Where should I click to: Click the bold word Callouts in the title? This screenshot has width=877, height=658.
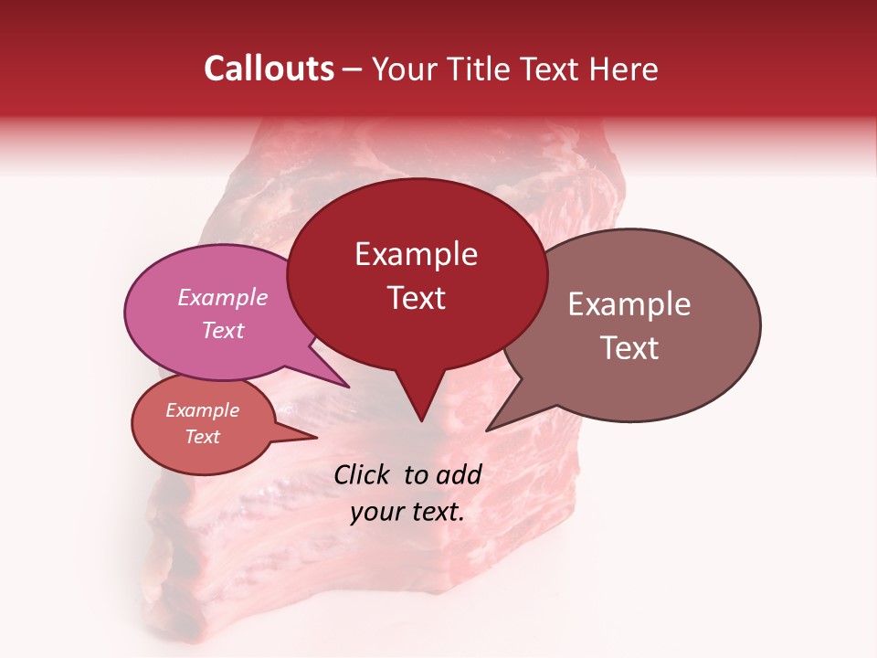point(269,69)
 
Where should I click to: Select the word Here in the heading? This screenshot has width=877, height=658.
point(625,69)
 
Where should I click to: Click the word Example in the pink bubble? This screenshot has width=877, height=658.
point(222,297)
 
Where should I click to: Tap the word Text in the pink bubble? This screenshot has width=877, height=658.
point(222,330)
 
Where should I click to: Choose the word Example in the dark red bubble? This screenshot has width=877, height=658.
point(416,254)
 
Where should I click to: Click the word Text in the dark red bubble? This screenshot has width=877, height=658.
point(416,297)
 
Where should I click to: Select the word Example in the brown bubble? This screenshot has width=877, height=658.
point(629,304)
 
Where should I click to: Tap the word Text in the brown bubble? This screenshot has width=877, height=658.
point(629,347)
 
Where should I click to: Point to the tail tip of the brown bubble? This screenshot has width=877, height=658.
point(488,430)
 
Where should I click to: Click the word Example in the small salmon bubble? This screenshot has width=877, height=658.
point(202,410)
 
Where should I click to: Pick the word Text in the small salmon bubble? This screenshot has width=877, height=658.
point(202,437)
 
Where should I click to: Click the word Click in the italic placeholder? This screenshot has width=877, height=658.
point(365,474)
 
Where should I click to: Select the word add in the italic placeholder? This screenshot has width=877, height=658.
point(459,474)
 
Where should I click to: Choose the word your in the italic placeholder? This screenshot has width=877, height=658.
point(375,512)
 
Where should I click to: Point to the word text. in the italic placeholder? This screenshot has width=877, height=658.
point(435,512)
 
